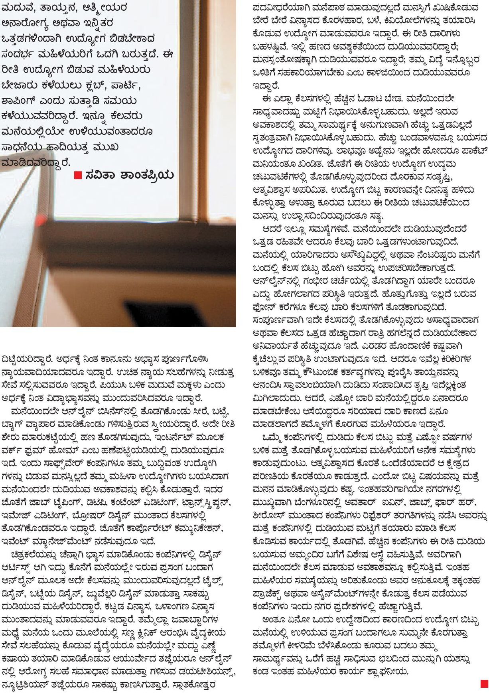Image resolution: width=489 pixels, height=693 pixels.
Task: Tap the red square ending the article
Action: [484, 683]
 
